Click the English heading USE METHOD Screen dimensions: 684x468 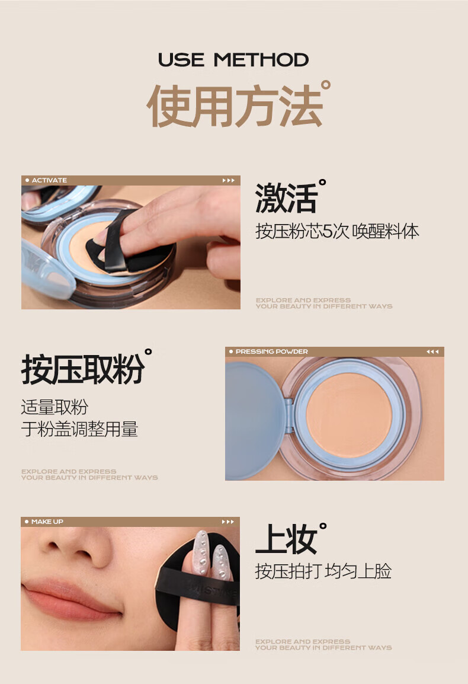pyautogui.click(x=233, y=60)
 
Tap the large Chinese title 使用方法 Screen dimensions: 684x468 pyautogui.click(x=235, y=106)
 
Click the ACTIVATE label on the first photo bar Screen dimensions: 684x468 pyautogui.click(x=49, y=180)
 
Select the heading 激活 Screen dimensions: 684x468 pyautogui.click(x=286, y=199)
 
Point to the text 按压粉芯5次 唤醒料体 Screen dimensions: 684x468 pyautogui.click(x=337, y=231)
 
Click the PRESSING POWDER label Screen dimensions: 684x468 pyautogui.click(x=271, y=351)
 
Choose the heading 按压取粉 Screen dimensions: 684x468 pyautogui.click(x=83, y=369)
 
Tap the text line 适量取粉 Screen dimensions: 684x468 pyautogui.click(x=55, y=407)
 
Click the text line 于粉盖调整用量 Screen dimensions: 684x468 pyautogui.click(x=79, y=429)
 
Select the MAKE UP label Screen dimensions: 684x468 pyautogui.click(x=47, y=522)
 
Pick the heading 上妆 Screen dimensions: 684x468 pyautogui.click(x=286, y=539)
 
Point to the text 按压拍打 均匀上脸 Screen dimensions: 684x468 pyautogui.click(x=323, y=571)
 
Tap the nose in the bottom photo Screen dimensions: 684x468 pyautogui.click(x=77, y=548)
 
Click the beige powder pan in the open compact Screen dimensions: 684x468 pyautogui.click(x=349, y=415)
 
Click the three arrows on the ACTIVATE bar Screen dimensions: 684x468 pyautogui.click(x=228, y=180)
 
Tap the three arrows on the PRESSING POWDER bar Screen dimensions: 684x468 pyautogui.click(x=432, y=351)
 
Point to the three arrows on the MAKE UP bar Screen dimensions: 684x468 pyautogui.click(x=228, y=522)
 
